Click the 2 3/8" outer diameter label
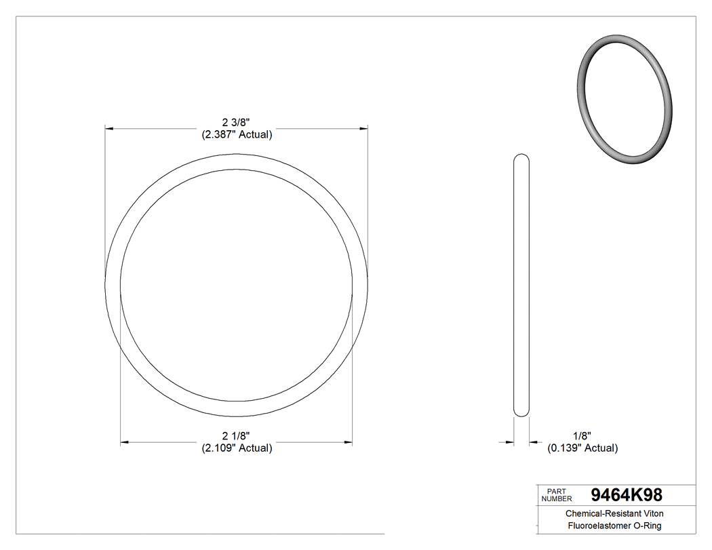(x=236, y=122)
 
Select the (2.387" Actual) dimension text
(x=237, y=134)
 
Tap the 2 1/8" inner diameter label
(x=236, y=435)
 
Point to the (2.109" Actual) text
(x=237, y=448)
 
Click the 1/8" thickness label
(x=582, y=435)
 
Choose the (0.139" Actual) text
(x=582, y=448)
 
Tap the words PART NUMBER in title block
(x=557, y=494)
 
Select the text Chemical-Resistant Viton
(x=614, y=514)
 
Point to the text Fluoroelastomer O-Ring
(x=614, y=526)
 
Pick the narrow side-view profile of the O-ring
(x=521, y=285)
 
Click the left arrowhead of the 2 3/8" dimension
(x=108, y=127)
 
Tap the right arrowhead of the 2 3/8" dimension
(x=364, y=127)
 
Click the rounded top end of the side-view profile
(x=521, y=157)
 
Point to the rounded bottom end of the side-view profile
(x=521, y=412)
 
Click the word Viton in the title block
(x=653, y=514)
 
